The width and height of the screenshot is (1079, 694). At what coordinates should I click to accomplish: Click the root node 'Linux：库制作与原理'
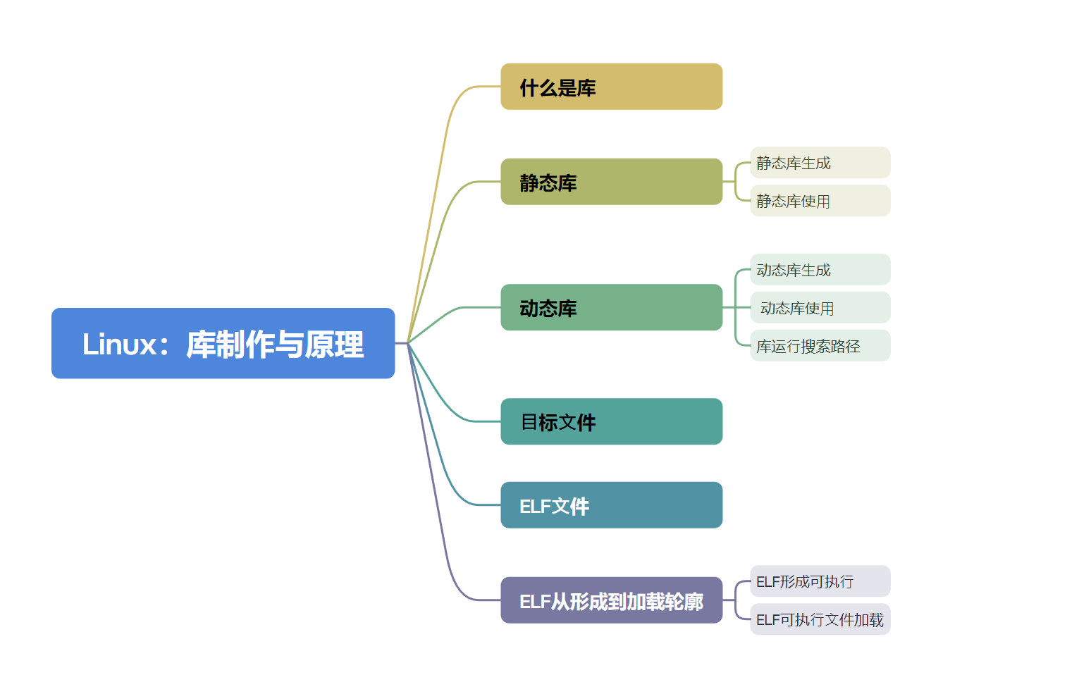pos(223,343)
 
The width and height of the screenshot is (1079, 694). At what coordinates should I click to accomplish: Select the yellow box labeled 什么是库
pos(611,87)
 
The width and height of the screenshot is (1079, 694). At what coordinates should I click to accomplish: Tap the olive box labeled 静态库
pos(611,182)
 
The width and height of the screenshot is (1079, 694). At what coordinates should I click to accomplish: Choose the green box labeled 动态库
pos(611,307)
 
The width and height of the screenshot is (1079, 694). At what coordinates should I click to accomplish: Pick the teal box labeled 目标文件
pos(611,421)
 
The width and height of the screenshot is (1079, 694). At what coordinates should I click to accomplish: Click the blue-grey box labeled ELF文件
pos(611,504)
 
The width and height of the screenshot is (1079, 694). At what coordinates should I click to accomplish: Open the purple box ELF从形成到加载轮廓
pos(611,600)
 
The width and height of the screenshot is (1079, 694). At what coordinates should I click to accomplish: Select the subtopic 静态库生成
pos(820,163)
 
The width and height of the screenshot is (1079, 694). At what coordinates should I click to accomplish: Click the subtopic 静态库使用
pos(820,201)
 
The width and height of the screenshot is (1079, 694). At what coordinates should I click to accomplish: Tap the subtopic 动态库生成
pos(820,270)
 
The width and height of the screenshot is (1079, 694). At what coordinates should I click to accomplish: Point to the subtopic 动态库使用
pos(820,308)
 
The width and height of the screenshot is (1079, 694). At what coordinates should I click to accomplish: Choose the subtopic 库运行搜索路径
pos(820,346)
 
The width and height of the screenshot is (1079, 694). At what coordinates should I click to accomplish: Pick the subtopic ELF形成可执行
pos(820,581)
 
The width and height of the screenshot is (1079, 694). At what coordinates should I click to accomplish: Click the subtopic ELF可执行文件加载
pos(820,619)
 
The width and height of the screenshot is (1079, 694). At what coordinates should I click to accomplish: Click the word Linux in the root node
pos(119,345)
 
